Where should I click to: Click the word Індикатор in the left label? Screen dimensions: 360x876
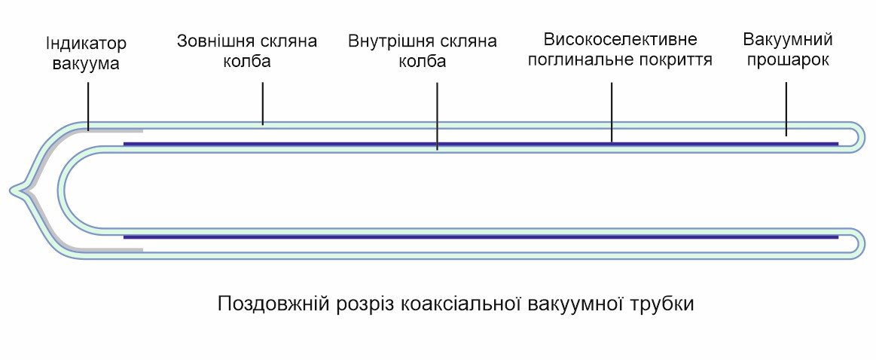pos(86,44)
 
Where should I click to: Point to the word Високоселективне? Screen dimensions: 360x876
pos(620,39)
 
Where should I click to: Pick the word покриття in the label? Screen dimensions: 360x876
pos(676,59)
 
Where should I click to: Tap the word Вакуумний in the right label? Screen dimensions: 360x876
pos(787,39)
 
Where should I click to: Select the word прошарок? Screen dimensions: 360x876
pos(787,59)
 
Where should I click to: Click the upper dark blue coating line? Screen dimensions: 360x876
pos(482,142)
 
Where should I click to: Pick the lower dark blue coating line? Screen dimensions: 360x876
pos(482,237)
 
